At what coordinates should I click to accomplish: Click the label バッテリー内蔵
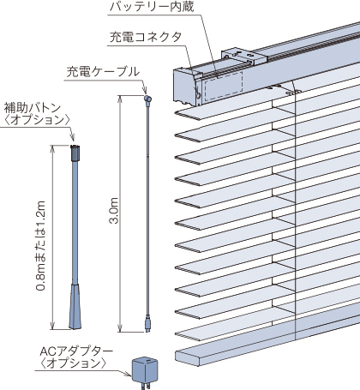[152, 7]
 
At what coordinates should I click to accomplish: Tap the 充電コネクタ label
[146, 37]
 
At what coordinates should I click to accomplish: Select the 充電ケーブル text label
[103, 72]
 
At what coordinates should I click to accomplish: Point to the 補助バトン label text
[33, 108]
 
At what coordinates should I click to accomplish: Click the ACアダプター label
[76, 351]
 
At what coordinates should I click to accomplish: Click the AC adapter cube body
[145, 370]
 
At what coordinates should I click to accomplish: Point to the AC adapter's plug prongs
[146, 386]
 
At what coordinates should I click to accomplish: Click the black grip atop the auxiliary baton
[75, 153]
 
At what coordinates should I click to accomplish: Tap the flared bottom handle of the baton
[75, 306]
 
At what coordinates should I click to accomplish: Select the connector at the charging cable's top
[147, 99]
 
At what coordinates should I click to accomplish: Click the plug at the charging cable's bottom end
[147, 323]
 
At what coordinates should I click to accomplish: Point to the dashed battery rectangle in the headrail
[224, 86]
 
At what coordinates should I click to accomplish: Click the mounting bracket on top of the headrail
[244, 56]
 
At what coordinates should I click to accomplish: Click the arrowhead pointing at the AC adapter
[128, 374]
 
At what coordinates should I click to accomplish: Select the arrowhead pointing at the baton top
[72, 137]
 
